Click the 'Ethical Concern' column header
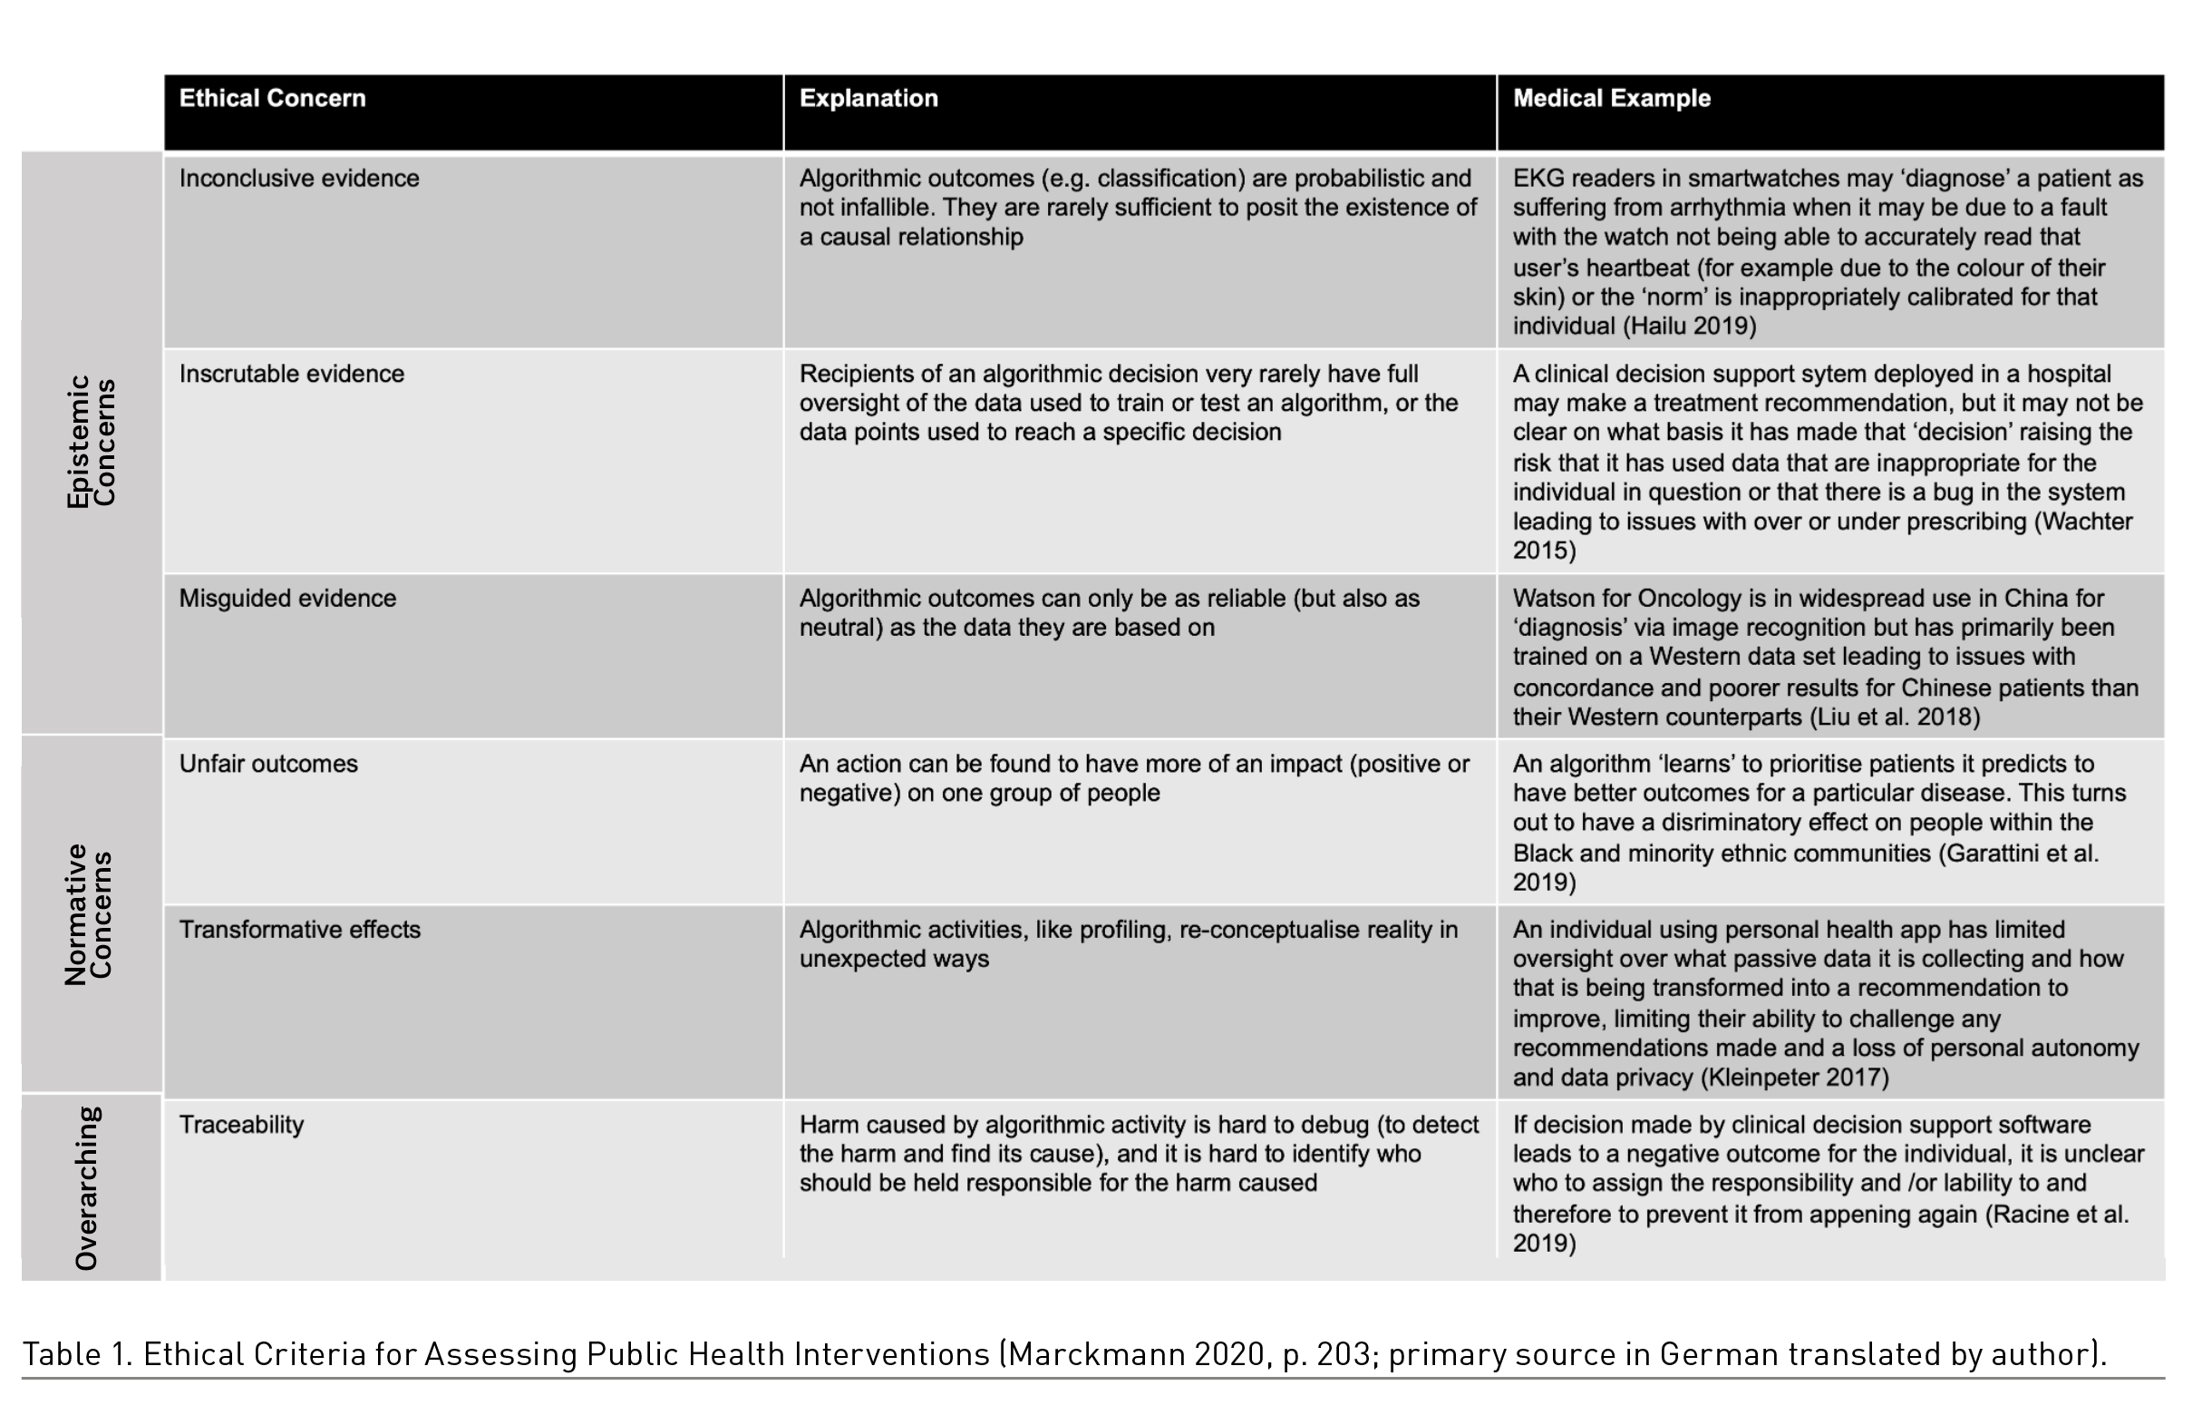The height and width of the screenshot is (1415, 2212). [x=272, y=98]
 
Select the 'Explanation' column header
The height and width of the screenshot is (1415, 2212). [x=868, y=98]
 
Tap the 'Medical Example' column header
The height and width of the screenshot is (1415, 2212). [x=1611, y=98]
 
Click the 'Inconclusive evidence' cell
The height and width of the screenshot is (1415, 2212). [x=298, y=179]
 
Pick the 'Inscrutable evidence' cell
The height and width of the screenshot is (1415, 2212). [x=291, y=374]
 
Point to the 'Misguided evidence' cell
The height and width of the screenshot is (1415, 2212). [x=287, y=598]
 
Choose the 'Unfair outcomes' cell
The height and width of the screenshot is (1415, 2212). [x=268, y=764]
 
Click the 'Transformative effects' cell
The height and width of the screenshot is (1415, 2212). [x=299, y=929]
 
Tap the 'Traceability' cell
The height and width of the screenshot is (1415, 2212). [x=240, y=1125]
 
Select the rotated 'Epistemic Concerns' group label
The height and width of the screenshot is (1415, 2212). [x=91, y=441]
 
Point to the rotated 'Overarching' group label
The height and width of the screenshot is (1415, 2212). [x=86, y=1188]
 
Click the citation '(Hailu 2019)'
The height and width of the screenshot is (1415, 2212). [x=1688, y=327]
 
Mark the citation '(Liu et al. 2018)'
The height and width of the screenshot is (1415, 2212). [x=1894, y=717]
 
